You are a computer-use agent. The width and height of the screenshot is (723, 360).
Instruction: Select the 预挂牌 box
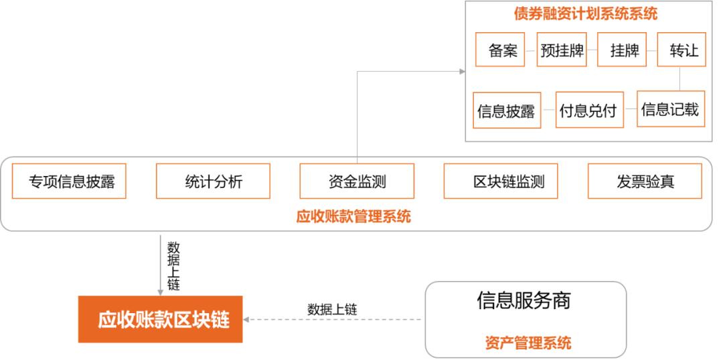pyautogui.click(x=562, y=50)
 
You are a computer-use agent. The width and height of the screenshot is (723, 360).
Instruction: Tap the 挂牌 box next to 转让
pyautogui.click(x=622, y=50)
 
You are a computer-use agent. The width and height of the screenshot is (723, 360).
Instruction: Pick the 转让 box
pyautogui.click(x=681, y=50)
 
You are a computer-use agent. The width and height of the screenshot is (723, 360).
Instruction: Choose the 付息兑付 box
pyautogui.click(x=587, y=109)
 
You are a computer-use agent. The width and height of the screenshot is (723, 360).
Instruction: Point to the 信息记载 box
pyautogui.click(x=670, y=109)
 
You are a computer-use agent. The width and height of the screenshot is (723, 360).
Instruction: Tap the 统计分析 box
pyautogui.click(x=213, y=181)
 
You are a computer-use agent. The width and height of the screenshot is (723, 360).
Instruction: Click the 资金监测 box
pyautogui.click(x=357, y=181)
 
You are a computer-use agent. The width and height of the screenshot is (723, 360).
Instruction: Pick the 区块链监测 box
pyautogui.click(x=500, y=181)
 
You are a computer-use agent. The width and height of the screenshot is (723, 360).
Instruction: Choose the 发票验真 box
pyautogui.click(x=645, y=181)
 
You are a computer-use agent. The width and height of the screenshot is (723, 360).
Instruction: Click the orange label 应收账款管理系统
pyautogui.click(x=353, y=217)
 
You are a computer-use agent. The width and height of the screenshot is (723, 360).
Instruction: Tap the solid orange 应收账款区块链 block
pyautogui.click(x=160, y=320)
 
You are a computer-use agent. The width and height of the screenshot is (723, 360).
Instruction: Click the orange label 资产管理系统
pyautogui.click(x=528, y=343)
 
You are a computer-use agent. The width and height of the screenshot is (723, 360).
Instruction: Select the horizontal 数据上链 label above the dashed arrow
pyautogui.click(x=332, y=309)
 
